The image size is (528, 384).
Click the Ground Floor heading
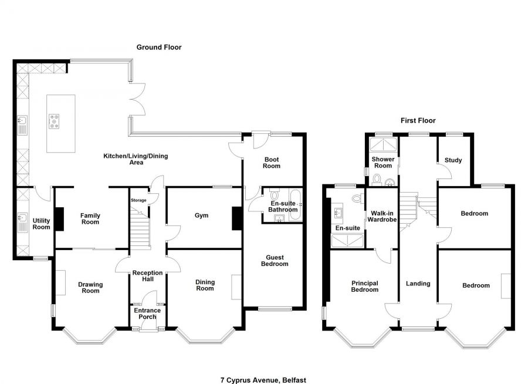click(159, 47)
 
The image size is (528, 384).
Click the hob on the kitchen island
click(56, 121)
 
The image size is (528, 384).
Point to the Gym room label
click(202, 215)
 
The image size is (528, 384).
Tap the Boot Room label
click(272, 162)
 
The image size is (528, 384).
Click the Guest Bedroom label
click(274, 260)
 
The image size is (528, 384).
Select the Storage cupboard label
click(138, 200)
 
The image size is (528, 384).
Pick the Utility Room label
click(41, 223)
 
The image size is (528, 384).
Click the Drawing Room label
click(90, 287)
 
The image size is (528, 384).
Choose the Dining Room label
click(205, 285)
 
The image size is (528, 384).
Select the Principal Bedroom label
click(364, 286)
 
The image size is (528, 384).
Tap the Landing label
click(418, 284)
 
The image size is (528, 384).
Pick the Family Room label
click(90, 218)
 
